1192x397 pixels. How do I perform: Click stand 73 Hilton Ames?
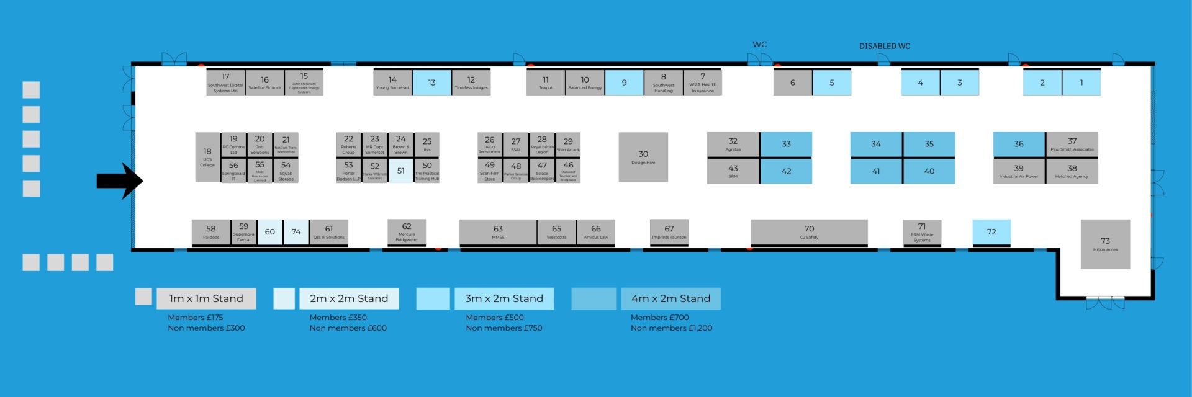click(x=1105, y=244)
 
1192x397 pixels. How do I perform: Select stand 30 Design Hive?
click(x=643, y=157)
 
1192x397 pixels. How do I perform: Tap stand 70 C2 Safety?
click(x=809, y=232)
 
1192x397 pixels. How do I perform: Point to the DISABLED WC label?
click(x=884, y=46)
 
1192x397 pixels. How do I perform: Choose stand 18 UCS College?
click(x=207, y=157)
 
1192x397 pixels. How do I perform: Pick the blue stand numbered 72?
click(x=991, y=232)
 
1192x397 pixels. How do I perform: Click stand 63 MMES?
click(x=498, y=232)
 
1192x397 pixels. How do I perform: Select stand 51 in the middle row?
click(x=401, y=171)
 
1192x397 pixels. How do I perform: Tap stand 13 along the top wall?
click(x=431, y=83)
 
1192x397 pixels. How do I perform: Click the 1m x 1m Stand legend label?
click(x=206, y=298)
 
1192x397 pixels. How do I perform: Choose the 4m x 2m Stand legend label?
click(x=670, y=298)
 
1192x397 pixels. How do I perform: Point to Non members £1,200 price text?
click(x=671, y=328)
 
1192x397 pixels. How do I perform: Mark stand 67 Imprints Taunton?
click(x=669, y=232)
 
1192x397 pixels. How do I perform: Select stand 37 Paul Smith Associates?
click(x=1072, y=144)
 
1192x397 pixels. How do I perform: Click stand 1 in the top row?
click(x=1081, y=83)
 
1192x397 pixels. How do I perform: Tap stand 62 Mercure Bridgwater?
click(x=407, y=232)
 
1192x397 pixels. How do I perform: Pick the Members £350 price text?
click(x=338, y=317)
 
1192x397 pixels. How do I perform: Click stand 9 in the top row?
click(x=624, y=83)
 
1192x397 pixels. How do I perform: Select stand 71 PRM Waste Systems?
click(x=922, y=232)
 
